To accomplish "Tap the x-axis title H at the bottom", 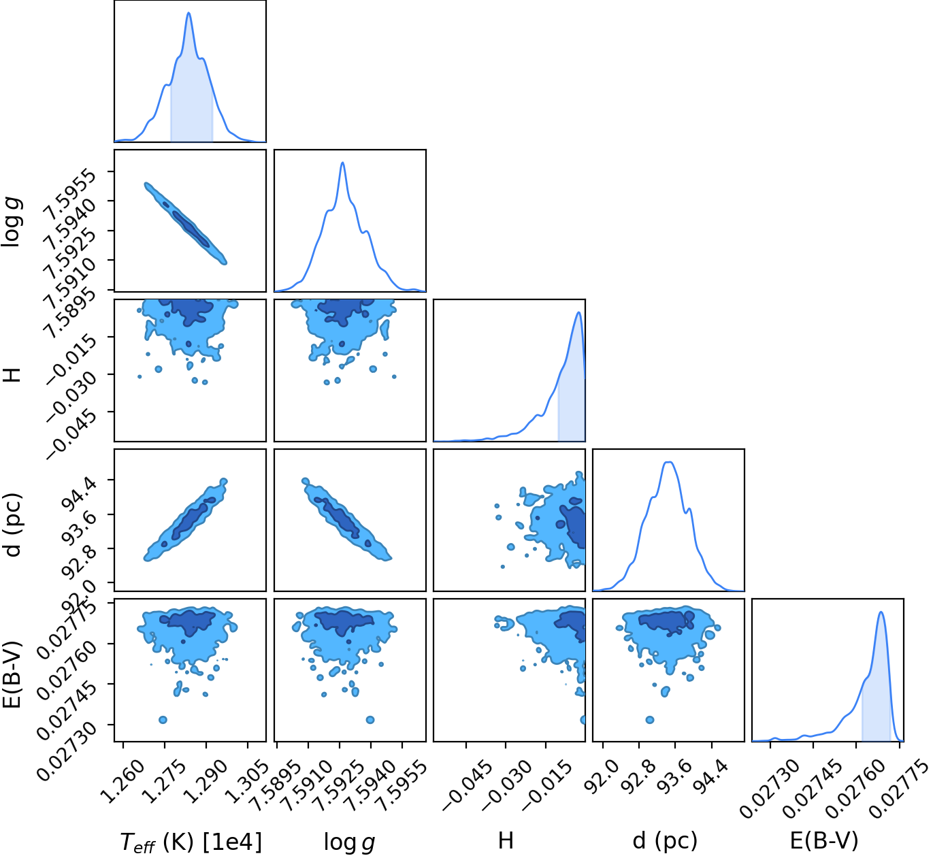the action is [x=506, y=840].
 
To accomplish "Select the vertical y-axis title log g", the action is [x=11, y=221].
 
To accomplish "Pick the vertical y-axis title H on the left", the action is [x=12, y=374].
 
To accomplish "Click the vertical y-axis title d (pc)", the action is [x=12, y=525].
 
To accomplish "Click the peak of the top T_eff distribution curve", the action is [x=189, y=12].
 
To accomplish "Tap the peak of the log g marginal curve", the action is [x=343, y=163].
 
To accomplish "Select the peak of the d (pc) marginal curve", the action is [x=669, y=462].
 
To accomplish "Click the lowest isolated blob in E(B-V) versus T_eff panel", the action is [x=163, y=720].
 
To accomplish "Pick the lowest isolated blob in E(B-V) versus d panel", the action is [x=650, y=720].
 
